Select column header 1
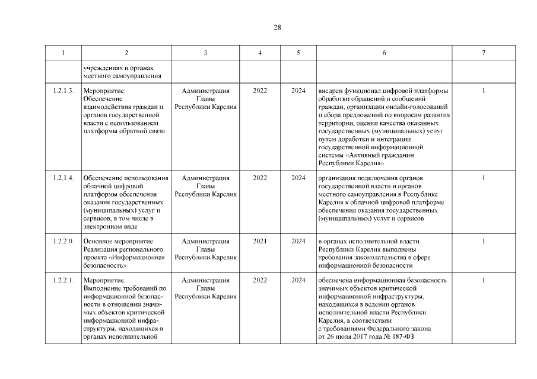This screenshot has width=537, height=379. (x=63, y=53)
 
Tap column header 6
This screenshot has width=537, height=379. (x=384, y=53)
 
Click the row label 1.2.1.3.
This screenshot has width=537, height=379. (x=63, y=91)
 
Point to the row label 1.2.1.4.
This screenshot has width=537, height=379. (x=63, y=178)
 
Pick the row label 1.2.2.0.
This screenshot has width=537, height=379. (x=63, y=241)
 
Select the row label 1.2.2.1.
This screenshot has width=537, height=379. (x=63, y=280)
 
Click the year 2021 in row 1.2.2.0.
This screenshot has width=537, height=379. (x=260, y=241)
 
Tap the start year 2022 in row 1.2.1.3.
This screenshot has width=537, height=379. (x=260, y=91)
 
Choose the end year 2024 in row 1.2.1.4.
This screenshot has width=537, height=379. (x=298, y=178)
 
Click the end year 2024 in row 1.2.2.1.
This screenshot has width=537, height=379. (x=298, y=280)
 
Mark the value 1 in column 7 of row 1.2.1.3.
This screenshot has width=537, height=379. (x=484, y=91)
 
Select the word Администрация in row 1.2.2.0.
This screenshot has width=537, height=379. (x=205, y=241)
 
